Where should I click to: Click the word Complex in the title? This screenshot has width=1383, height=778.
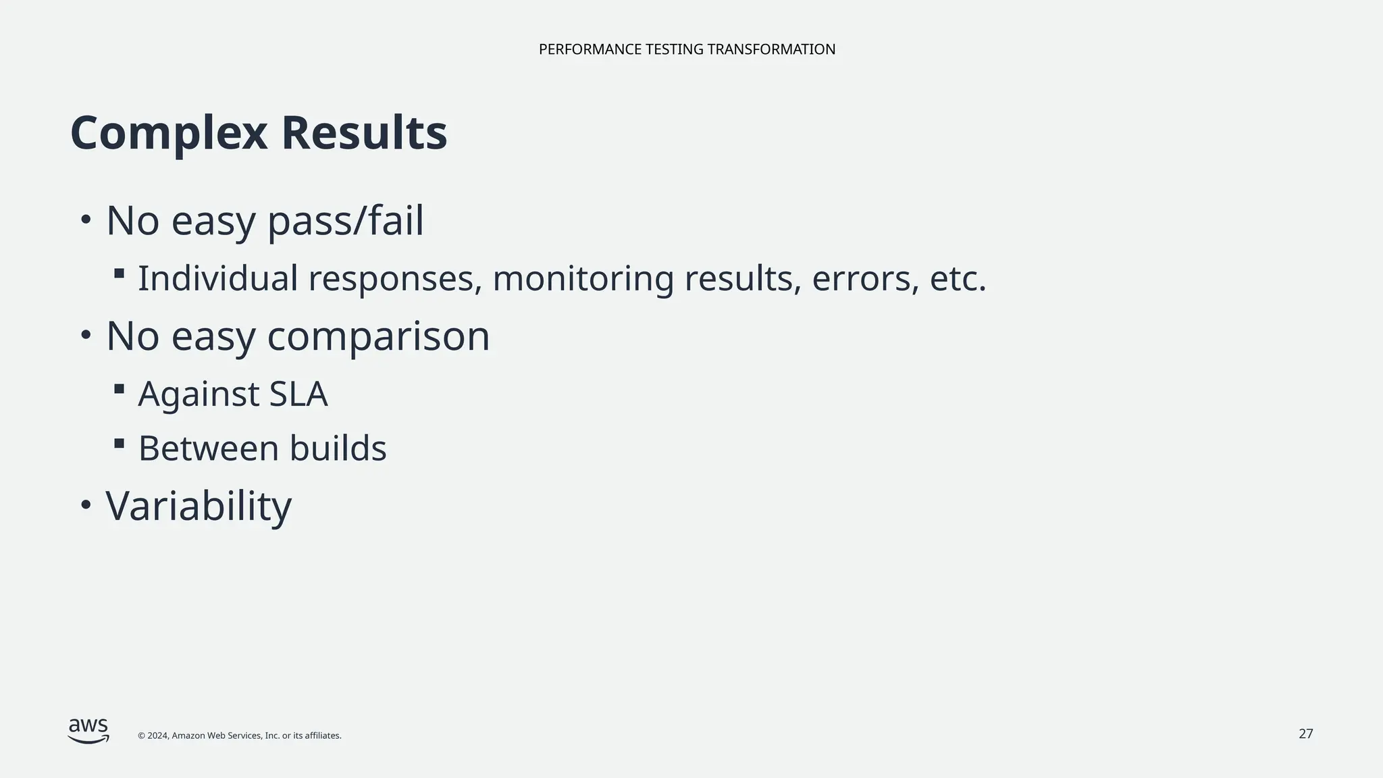tap(169, 134)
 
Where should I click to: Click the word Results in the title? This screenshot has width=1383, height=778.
tap(365, 134)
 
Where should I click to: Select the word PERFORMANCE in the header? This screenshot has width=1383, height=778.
tap(590, 49)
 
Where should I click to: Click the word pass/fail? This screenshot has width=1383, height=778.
tap(346, 222)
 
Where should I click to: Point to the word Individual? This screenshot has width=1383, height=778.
tap(217, 279)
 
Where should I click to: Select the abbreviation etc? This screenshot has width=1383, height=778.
tap(958, 279)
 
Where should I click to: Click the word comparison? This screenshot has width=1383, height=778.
tap(378, 336)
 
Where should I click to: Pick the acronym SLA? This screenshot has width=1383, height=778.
tap(298, 394)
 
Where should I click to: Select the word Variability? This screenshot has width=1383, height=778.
tap(199, 506)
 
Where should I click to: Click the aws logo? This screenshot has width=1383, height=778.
tap(88, 731)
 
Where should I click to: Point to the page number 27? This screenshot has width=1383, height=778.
tap(1305, 733)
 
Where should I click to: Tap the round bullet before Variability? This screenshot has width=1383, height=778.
tap(85, 505)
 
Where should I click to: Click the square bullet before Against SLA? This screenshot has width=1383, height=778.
tap(120, 389)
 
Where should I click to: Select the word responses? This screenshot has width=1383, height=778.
tap(395, 279)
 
